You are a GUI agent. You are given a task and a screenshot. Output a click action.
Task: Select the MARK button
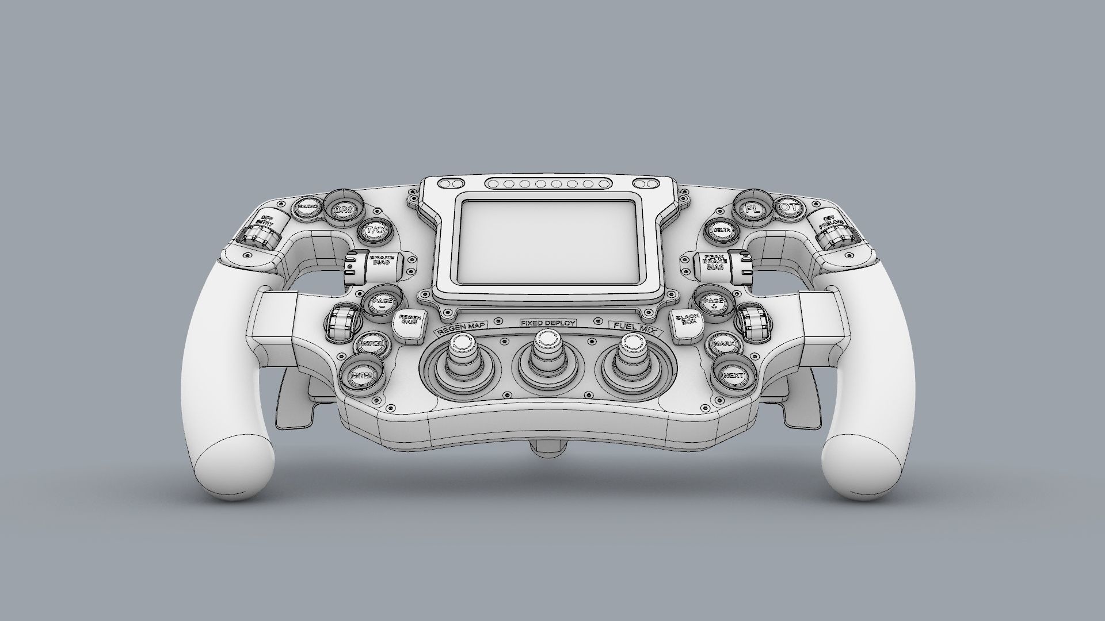(x=722, y=344)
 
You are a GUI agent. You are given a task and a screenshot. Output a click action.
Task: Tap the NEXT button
(x=734, y=375)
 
